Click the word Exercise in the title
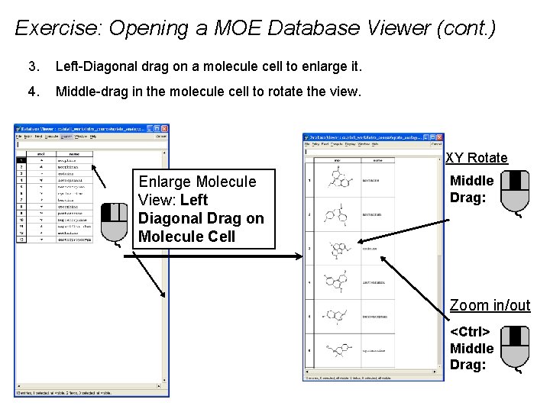(56, 29)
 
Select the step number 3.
(31, 68)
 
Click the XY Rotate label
(476, 158)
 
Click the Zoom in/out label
(490, 306)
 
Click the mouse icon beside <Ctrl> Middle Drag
(517, 348)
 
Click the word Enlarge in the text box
(163, 182)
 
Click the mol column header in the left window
(40, 153)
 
